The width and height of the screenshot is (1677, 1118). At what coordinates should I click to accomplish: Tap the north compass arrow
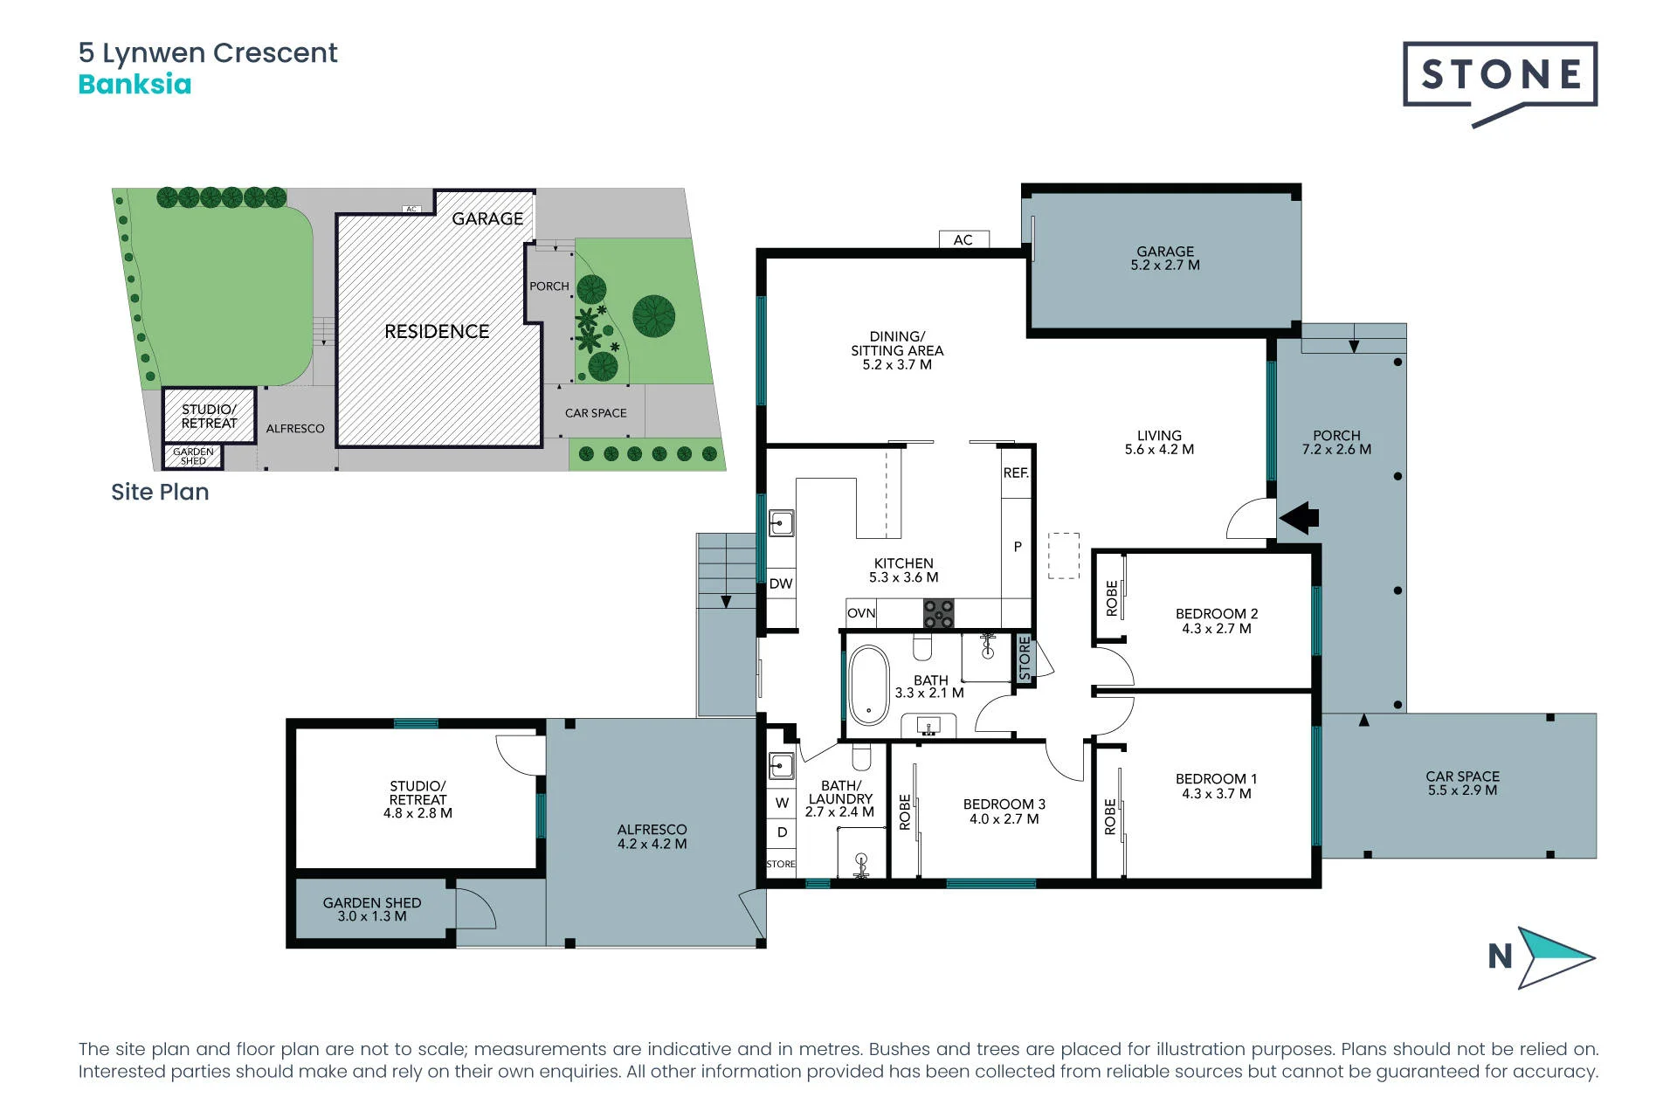(1555, 957)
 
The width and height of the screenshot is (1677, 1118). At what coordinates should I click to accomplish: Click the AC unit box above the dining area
(963, 239)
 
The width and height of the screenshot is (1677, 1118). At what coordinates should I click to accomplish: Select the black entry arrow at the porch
(1299, 517)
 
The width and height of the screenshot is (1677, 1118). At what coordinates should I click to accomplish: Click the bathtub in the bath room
(868, 685)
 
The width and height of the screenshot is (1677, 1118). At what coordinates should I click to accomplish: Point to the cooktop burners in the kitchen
(939, 613)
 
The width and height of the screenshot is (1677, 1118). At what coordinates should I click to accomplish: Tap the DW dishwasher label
(781, 583)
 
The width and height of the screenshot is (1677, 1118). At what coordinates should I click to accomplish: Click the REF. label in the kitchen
(1016, 473)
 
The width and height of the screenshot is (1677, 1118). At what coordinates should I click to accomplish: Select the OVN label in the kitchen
(861, 613)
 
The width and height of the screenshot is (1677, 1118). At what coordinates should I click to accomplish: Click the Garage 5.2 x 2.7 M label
(1165, 258)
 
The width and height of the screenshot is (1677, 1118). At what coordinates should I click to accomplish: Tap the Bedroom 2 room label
(1217, 621)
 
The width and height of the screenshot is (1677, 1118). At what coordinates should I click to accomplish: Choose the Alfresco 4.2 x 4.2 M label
(652, 837)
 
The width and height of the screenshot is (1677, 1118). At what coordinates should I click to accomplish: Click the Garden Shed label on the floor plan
(372, 909)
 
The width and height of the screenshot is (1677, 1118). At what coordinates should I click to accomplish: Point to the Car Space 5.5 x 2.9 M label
(1462, 783)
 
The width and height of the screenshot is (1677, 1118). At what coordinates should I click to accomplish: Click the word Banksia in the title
(135, 85)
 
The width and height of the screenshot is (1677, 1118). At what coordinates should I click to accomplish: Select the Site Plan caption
(160, 492)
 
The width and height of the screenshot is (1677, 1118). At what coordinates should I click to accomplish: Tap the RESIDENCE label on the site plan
(437, 332)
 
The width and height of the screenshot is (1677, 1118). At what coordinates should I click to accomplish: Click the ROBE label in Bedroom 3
(905, 811)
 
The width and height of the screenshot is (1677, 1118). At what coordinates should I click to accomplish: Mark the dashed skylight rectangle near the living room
(1064, 556)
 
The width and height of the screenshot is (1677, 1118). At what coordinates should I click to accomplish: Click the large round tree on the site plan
(654, 316)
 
